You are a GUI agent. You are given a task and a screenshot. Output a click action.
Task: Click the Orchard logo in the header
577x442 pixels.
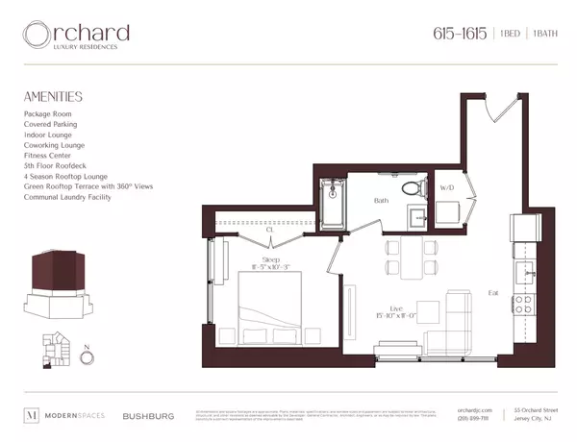77,36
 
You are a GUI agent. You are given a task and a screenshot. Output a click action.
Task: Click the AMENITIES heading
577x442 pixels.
53,97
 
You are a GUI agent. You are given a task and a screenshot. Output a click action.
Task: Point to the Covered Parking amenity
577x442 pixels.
51,124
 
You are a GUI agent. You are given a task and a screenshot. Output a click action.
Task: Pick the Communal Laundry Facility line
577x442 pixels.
68,197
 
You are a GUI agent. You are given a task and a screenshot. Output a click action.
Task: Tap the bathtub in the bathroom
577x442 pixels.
333,201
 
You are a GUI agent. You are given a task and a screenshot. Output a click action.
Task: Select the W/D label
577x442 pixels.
447,188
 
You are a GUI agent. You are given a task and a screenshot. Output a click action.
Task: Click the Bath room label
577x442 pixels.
381,201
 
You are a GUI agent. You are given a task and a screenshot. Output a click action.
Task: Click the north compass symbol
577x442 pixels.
88,357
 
